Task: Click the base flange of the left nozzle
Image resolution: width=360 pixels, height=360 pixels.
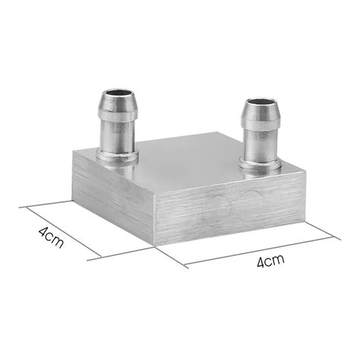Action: point(118,156)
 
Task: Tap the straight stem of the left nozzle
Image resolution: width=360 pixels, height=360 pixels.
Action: point(118,137)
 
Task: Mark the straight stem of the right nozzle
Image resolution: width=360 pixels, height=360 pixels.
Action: point(260,144)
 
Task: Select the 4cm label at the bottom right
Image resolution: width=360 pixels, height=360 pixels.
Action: point(270,263)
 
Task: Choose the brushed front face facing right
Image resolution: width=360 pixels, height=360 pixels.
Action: point(228,209)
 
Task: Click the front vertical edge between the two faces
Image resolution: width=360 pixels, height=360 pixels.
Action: point(154,216)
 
